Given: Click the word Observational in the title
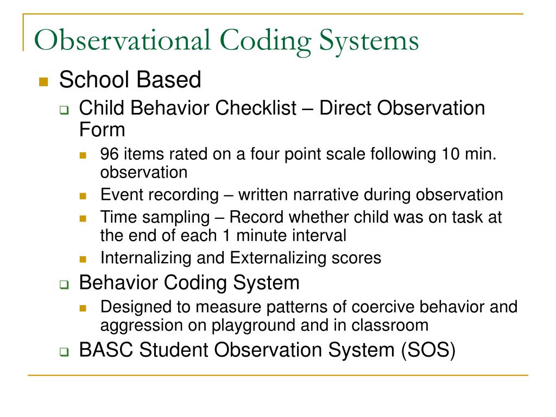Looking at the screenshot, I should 120,42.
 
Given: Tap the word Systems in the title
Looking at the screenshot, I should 369,42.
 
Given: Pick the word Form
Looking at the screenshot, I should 102,130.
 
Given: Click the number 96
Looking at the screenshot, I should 110,154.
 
